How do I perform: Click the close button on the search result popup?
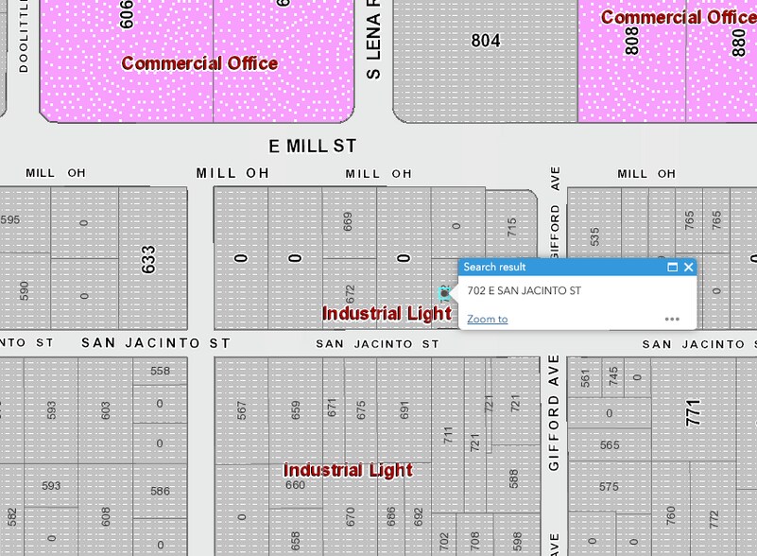tap(688, 268)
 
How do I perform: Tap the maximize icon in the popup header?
tap(672, 268)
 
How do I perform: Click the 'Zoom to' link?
tap(487, 320)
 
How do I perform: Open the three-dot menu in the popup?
tap(672, 320)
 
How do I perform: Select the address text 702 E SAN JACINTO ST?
tap(524, 291)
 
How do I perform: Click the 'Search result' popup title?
tap(494, 268)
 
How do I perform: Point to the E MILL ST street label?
tap(312, 147)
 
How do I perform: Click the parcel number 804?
tap(486, 41)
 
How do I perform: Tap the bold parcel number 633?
tap(148, 260)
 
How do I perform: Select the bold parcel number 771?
tap(695, 412)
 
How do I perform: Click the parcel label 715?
tap(512, 228)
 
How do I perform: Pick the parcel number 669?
tap(349, 221)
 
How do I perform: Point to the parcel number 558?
tap(160, 372)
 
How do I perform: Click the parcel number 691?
tap(404, 409)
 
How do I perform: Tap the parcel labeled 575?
tap(609, 487)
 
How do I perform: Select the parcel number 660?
tap(295, 485)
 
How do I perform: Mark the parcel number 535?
tap(594, 236)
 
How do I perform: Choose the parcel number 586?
tap(160, 491)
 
